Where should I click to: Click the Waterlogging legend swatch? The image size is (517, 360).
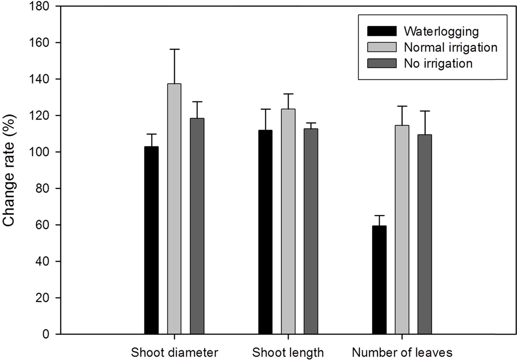382,31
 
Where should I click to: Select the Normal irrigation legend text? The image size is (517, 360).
451,47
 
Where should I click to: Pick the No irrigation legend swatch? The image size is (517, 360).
382,63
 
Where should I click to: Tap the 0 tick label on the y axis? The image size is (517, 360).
46,334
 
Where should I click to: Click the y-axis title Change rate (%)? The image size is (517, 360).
10,169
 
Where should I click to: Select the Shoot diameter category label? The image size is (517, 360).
174,353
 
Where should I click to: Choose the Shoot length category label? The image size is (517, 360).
288,353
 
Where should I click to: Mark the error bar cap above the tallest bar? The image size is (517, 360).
174,49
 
